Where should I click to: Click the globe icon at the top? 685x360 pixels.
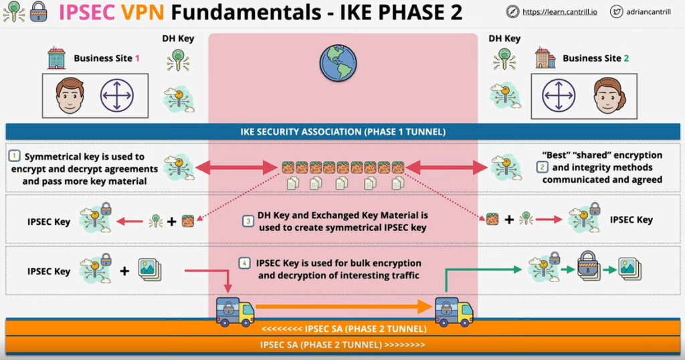pos(338,63)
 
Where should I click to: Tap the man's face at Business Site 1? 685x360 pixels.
pos(70,95)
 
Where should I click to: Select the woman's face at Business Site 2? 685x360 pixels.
pos(609,95)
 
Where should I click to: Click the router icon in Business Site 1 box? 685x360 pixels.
pos(116,95)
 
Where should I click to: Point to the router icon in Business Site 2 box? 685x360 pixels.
pos(559,95)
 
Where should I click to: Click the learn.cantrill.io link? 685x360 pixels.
pos(560,12)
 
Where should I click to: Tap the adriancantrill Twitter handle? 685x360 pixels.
pos(648,12)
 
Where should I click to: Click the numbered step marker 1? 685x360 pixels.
pos(15,155)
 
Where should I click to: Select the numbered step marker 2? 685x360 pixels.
pos(542,167)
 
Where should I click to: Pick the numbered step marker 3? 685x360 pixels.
pos(248,221)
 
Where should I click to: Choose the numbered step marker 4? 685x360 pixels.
pos(244,263)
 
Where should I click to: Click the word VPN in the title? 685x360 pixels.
pos(143,12)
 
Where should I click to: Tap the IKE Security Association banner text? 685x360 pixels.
pos(343,132)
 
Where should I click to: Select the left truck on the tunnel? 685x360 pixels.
pos(235,312)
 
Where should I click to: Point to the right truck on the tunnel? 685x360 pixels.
pos(454,312)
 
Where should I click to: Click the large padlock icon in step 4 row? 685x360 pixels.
pos(589,266)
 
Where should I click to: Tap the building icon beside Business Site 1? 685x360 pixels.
pos(56,58)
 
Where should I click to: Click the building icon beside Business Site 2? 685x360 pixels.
pos(545,58)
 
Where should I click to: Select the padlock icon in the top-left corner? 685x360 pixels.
pos(38,12)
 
